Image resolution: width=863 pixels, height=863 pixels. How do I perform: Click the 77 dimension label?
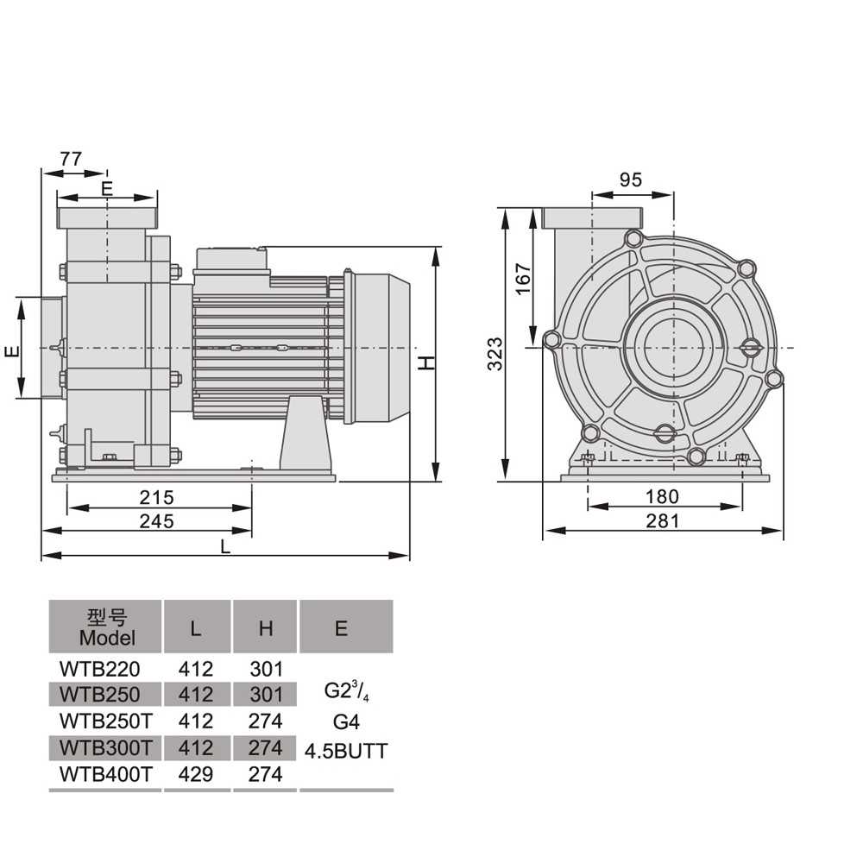71,159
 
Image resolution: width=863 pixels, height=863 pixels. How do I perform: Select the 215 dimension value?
156,497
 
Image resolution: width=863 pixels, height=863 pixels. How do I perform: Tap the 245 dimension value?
156,520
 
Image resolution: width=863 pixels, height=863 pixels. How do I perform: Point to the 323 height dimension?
494,353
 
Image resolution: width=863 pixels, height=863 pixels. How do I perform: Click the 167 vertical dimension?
524,279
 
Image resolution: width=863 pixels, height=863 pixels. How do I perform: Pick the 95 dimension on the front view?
631,180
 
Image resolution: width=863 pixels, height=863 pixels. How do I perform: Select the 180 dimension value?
662,496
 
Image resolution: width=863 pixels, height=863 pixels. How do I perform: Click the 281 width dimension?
662,520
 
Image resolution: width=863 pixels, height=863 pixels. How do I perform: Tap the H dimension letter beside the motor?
426,362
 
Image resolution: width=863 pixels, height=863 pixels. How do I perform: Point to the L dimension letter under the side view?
225,546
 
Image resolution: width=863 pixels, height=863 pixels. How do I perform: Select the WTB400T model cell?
105,774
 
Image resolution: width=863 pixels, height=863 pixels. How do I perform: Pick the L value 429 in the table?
195,774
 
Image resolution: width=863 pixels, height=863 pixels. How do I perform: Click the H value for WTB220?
266,669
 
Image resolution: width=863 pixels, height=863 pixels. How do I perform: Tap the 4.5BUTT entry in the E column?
346,751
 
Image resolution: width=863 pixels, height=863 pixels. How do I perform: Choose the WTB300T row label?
105,747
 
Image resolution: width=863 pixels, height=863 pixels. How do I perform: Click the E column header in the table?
341,628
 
